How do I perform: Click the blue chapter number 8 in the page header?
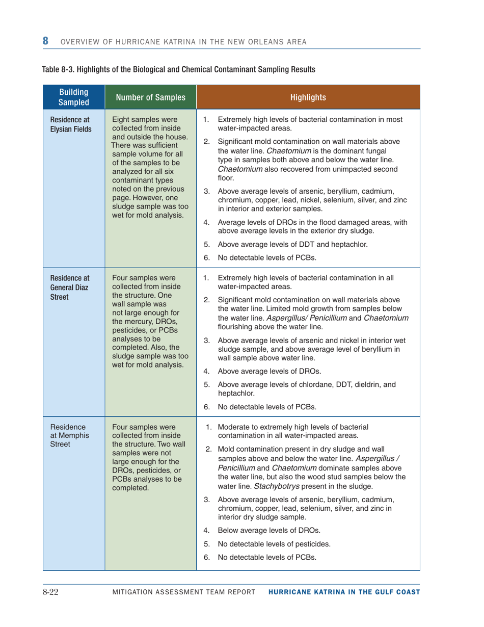45,41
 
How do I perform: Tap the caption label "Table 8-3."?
59,69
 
